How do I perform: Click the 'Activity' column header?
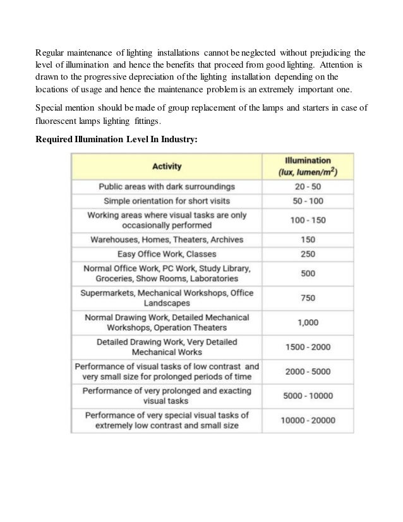click(167, 167)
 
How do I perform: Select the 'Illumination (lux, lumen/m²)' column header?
click(310, 167)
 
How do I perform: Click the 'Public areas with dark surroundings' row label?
click(167, 187)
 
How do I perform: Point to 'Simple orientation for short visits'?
click(167, 201)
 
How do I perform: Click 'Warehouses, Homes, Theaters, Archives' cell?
click(167, 240)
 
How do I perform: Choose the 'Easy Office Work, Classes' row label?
click(167, 254)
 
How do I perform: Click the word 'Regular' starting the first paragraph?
click(51, 52)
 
